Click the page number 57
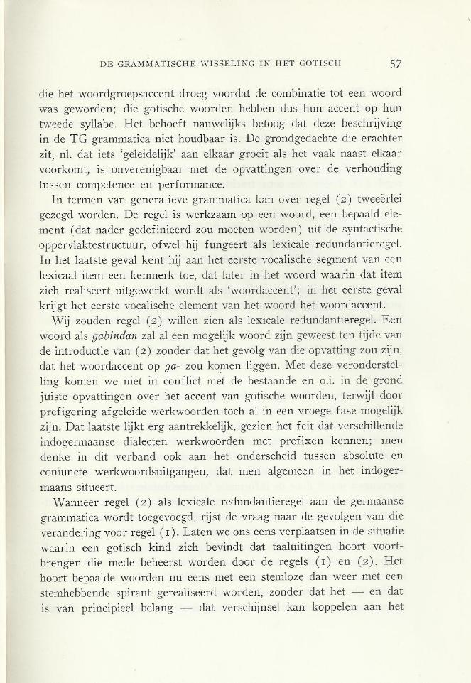tap(396, 63)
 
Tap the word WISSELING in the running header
tap(219, 63)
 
